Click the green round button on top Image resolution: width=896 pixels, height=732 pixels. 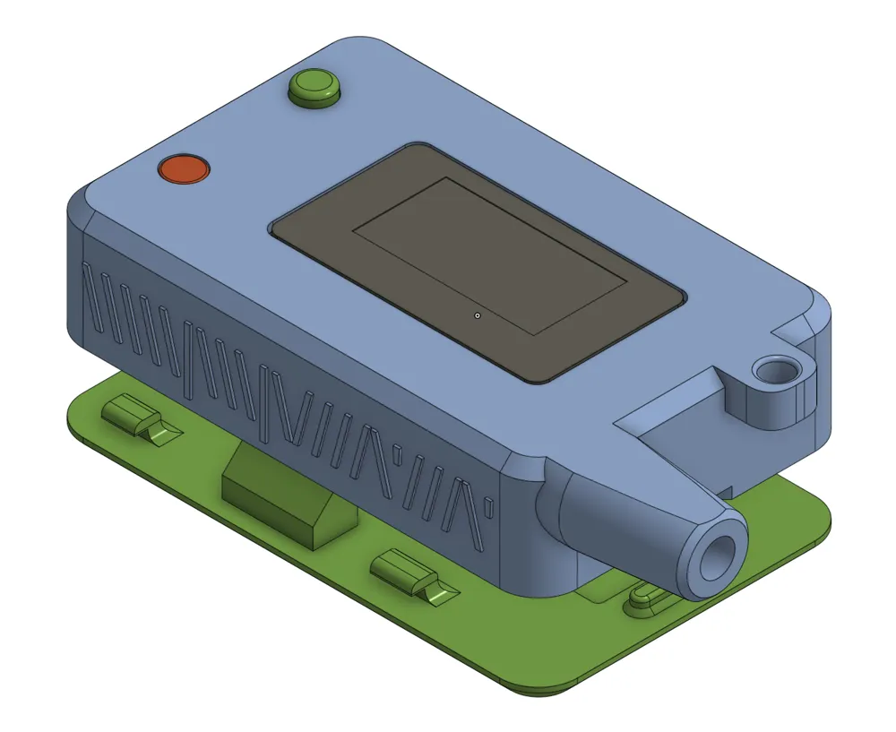[x=315, y=87]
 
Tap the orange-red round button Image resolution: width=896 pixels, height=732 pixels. [x=183, y=168]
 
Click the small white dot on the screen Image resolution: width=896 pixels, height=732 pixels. [x=478, y=315]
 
